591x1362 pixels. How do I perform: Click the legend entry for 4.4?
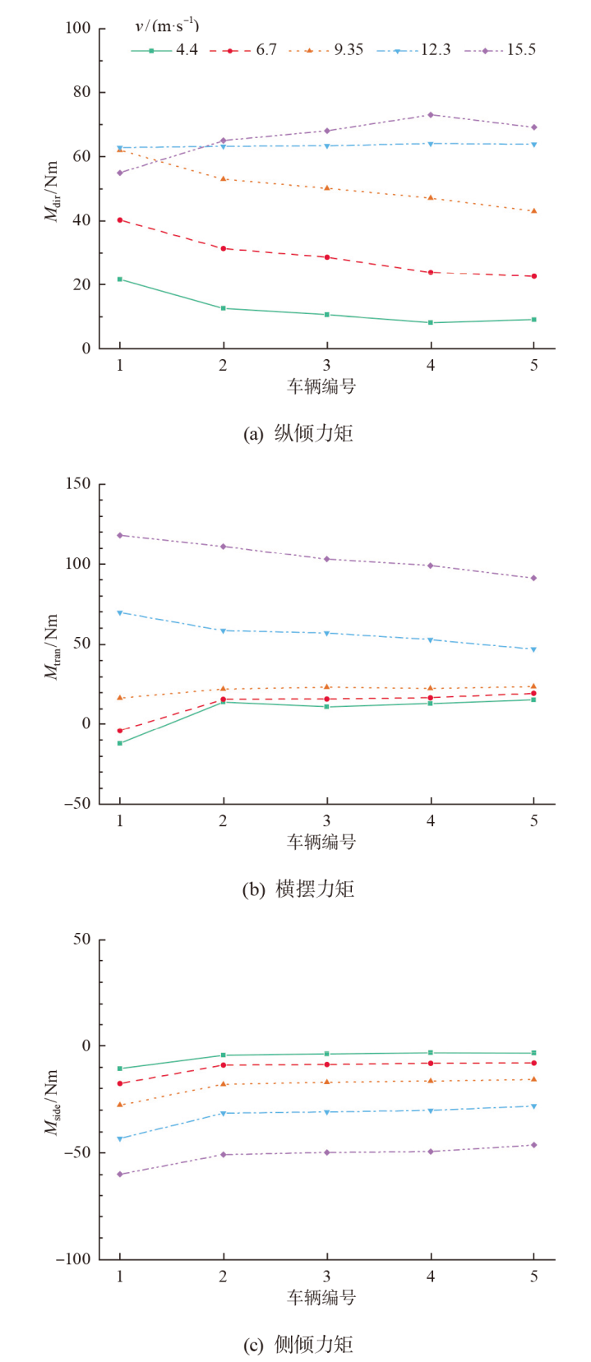click(164, 50)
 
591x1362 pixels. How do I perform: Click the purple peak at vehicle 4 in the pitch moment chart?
click(431, 115)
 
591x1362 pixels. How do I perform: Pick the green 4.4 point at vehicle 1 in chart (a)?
click(120, 279)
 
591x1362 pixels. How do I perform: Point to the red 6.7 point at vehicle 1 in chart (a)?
click(120, 220)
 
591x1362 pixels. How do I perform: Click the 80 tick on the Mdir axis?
click(80, 92)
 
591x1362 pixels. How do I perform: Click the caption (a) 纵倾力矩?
click(298, 433)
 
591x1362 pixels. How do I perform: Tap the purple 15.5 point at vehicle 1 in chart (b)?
click(120, 535)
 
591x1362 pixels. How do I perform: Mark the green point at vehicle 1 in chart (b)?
click(120, 743)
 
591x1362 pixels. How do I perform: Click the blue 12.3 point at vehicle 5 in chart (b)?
click(533, 649)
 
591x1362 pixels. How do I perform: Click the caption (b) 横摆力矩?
click(298, 889)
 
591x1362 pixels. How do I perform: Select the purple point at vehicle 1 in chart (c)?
click(120, 1174)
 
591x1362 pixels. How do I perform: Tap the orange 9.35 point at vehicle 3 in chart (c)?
click(327, 1082)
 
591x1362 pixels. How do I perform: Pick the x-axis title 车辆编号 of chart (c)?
click(321, 1297)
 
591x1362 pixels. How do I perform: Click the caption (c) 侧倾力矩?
click(298, 1344)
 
